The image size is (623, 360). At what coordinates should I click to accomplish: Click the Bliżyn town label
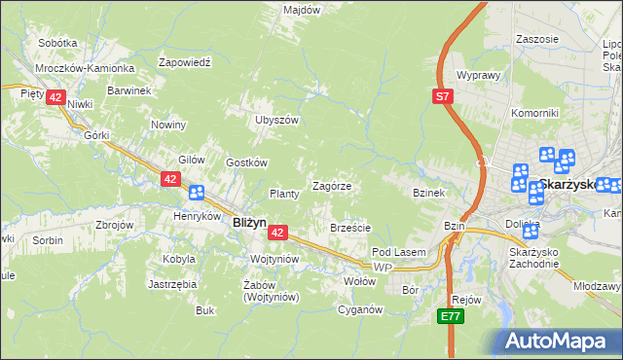(250, 222)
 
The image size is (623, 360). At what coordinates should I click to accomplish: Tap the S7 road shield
(443, 96)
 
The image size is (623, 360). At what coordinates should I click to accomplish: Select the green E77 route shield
(449, 317)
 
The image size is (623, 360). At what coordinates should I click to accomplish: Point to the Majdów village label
(302, 10)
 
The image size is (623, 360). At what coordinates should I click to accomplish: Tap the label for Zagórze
(331, 186)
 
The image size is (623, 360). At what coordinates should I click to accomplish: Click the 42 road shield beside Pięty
(55, 97)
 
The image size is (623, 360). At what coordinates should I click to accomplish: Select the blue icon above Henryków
(197, 193)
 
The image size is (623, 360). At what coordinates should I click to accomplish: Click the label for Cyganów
(359, 310)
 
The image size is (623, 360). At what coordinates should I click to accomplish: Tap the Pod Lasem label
(399, 253)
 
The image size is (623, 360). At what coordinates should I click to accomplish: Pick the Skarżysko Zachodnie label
(533, 257)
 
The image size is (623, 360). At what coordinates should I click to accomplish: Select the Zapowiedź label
(185, 61)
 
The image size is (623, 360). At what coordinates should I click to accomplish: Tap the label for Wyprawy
(478, 75)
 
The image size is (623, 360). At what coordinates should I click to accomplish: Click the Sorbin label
(48, 239)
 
